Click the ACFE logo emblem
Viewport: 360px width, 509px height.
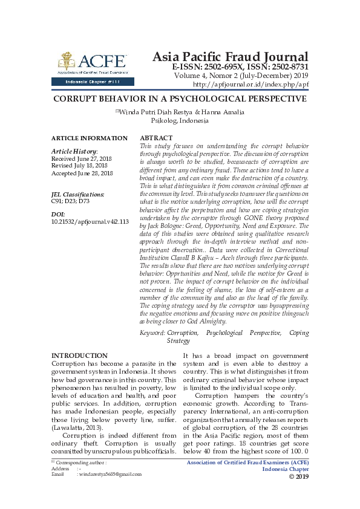point(67,61)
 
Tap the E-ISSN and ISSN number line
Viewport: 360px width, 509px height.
point(240,67)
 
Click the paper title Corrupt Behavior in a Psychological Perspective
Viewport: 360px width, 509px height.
point(180,99)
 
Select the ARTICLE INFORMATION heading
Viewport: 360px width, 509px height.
point(90,138)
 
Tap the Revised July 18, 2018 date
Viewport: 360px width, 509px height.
point(79,166)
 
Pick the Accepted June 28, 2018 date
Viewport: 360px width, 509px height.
point(82,173)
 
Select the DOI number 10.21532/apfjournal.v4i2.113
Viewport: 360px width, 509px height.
point(90,222)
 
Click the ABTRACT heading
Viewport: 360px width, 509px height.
point(156,138)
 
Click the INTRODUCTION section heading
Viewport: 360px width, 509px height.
point(79,356)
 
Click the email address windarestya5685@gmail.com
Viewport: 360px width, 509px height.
point(104,475)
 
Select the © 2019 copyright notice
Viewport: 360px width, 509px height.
point(298,476)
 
